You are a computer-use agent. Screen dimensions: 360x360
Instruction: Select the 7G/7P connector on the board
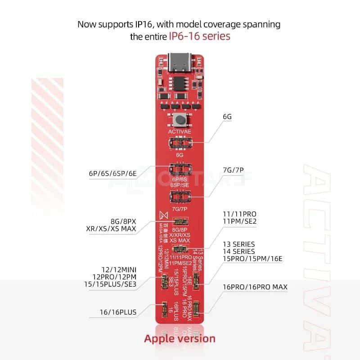(x=180, y=196)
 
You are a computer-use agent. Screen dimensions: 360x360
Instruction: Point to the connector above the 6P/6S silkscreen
(x=180, y=171)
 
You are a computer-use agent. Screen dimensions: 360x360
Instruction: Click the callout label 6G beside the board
(x=227, y=117)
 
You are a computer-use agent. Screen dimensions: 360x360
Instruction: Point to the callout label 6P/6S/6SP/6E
(x=114, y=173)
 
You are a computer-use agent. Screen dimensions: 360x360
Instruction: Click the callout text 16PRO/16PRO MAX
(x=255, y=287)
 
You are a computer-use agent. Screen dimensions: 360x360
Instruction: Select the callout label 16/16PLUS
(x=119, y=311)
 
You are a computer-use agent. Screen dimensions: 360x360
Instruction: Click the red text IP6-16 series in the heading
(x=199, y=36)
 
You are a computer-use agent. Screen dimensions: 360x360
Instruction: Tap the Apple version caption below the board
(x=180, y=338)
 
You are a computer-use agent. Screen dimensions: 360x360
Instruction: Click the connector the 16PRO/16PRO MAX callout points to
(x=197, y=309)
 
